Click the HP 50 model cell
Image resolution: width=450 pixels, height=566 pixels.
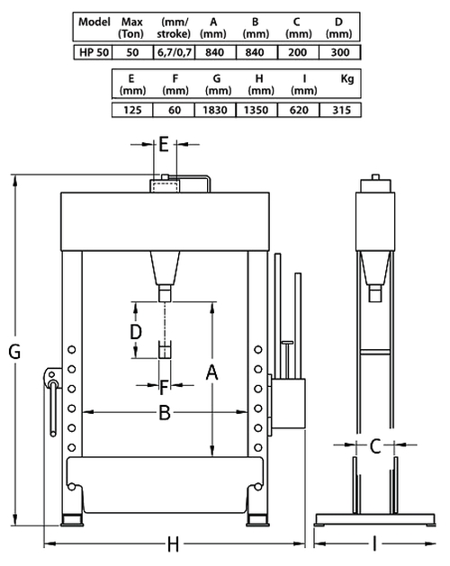point(94,52)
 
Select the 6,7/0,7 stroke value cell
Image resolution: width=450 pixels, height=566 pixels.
point(175,53)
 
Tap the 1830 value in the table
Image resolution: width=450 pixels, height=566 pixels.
point(215,110)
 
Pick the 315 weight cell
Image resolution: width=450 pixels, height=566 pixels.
point(341,110)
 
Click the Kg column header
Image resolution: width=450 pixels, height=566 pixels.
point(347,78)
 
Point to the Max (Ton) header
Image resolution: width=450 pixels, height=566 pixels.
point(131,28)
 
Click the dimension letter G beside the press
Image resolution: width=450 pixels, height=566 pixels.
point(14,351)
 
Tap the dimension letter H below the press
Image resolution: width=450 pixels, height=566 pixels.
point(174,544)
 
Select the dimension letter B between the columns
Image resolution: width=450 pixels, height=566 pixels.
point(165,413)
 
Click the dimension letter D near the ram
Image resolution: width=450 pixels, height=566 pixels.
point(136,332)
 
